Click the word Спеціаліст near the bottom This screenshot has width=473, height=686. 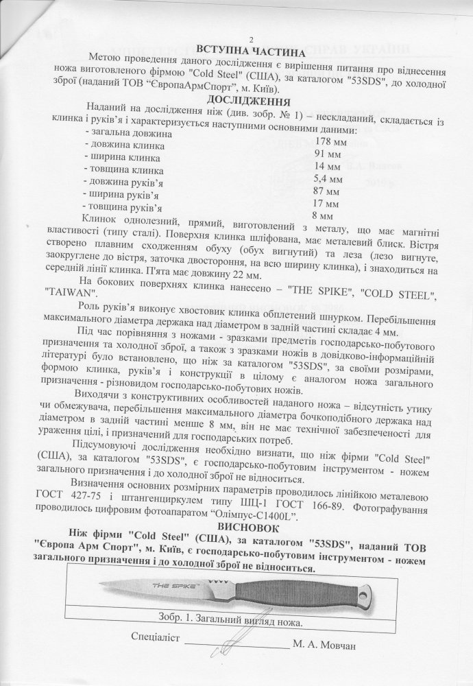coord(155,637)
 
